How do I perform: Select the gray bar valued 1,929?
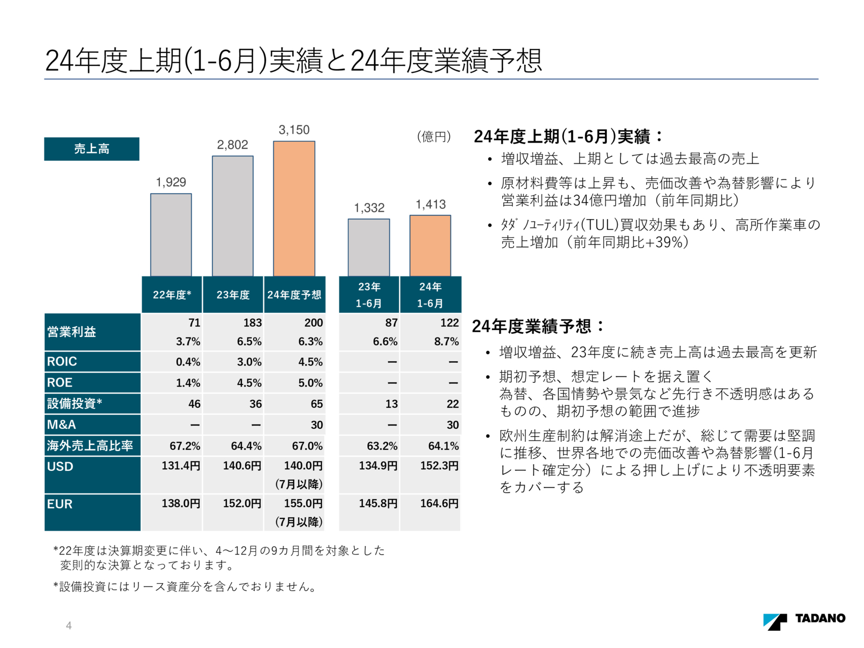pyautogui.click(x=171, y=235)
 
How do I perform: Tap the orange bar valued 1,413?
pyautogui.click(x=430, y=246)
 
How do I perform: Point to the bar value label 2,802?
pyautogui.click(x=232, y=145)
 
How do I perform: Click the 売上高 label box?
pyautogui.click(x=92, y=149)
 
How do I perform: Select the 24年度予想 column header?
pyautogui.click(x=294, y=295)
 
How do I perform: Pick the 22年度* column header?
pyautogui.click(x=172, y=295)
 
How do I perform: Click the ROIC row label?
pyautogui.click(x=62, y=361)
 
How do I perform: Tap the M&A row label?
pyautogui.click(x=62, y=425)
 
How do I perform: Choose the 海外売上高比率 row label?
pyautogui.click(x=90, y=446)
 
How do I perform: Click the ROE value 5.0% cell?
pyautogui.click(x=310, y=383)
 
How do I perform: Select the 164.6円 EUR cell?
pyautogui.click(x=439, y=503)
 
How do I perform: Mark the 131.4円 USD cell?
pyautogui.click(x=181, y=465)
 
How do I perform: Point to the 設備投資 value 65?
pyautogui.click(x=316, y=404)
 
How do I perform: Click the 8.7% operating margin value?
pyautogui.click(x=446, y=341)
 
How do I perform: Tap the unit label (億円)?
pyautogui.click(x=434, y=137)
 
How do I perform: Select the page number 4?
pyautogui.click(x=69, y=625)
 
